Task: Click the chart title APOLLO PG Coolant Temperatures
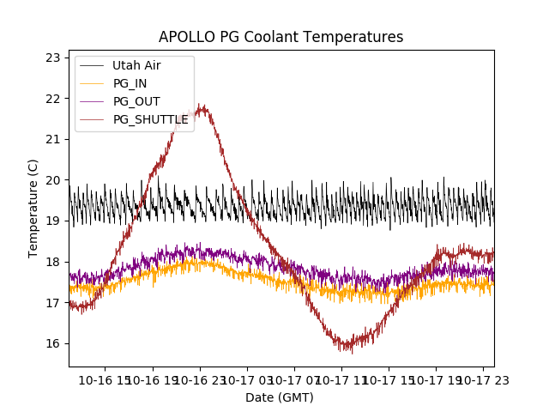(x=281, y=38)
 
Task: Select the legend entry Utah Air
(x=136, y=65)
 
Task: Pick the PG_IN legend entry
(x=130, y=83)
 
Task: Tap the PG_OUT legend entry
(x=136, y=101)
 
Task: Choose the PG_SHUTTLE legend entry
(x=150, y=119)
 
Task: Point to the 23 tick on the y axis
(x=52, y=58)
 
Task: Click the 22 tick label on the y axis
(x=52, y=99)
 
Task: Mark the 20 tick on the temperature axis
(x=52, y=180)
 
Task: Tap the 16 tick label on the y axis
(x=52, y=344)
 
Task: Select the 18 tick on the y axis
(x=52, y=262)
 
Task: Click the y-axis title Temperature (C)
(x=33, y=209)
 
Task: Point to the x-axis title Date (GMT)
(x=280, y=397)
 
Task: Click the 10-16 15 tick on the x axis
(x=106, y=379)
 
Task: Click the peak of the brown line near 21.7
(x=202, y=107)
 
